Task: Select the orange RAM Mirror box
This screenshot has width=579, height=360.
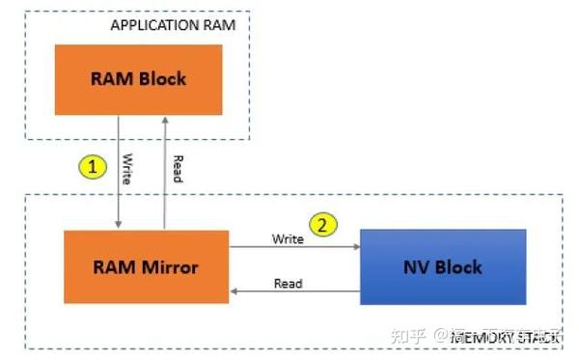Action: coord(146,265)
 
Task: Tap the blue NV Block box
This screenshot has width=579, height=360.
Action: coord(443,266)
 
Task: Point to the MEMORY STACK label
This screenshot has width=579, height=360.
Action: coord(516,337)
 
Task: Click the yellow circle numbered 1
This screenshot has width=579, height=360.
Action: coord(92,166)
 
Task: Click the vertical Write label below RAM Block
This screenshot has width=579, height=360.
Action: coord(127,168)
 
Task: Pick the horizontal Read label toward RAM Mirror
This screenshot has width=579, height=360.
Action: coord(288,284)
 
